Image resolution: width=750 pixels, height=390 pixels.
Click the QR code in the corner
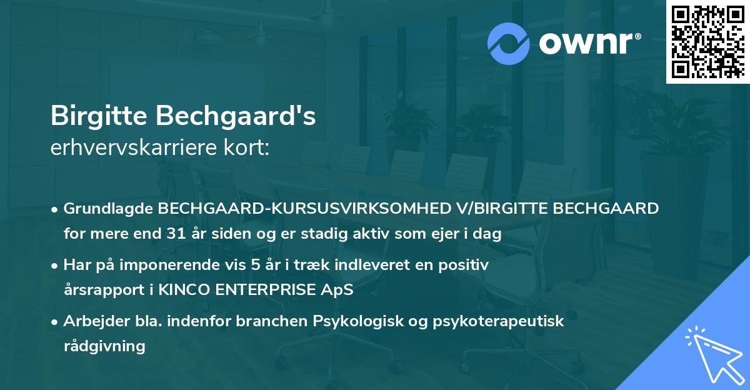point(707,42)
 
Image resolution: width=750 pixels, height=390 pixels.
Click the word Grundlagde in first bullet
point(109,209)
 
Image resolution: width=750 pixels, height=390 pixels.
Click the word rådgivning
point(104,346)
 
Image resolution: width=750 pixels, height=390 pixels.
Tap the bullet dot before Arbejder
point(56,322)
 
